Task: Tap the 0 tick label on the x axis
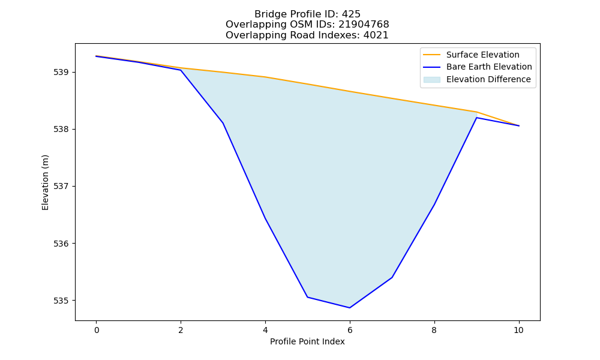tap(97, 330)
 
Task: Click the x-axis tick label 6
tap(350, 330)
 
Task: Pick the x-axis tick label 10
tap(518, 330)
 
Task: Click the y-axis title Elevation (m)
tap(46, 182)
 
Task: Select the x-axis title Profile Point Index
tap(307, 341)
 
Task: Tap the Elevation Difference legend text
tap(488, 79)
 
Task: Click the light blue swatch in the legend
tap(431, 80)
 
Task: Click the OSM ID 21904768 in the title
tap(364, 25)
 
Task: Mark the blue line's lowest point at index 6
tap(350, 308)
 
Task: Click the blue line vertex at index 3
tap(223, 123)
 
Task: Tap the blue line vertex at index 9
tap(476, 118)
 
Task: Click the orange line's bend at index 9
tap(476, 112)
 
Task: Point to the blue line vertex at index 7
tap(392, 277)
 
